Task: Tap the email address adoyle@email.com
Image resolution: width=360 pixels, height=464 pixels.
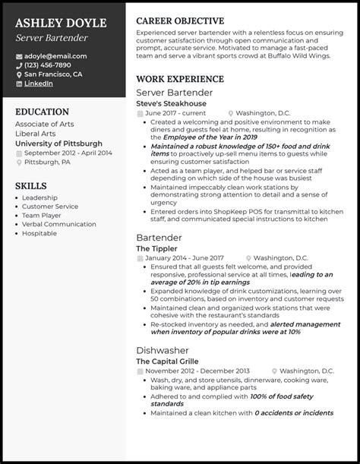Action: (x=55, y=55)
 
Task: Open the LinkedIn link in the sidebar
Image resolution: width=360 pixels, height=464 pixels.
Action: (x=39, y=84)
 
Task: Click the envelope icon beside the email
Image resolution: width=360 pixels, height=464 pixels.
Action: (x=18, y=56)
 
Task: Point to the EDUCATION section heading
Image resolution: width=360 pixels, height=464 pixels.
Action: (x=43, y=111)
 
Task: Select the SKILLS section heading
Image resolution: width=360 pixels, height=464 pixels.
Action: (x=31, y=185)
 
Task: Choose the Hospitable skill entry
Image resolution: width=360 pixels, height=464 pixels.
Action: (x=40, y=234)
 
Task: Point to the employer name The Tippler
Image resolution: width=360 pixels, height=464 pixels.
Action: (x=156, y=248)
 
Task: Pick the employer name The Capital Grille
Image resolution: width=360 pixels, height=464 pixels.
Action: (x=168, y=361)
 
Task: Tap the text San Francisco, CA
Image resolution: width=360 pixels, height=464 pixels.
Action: (x=53, y=74)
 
